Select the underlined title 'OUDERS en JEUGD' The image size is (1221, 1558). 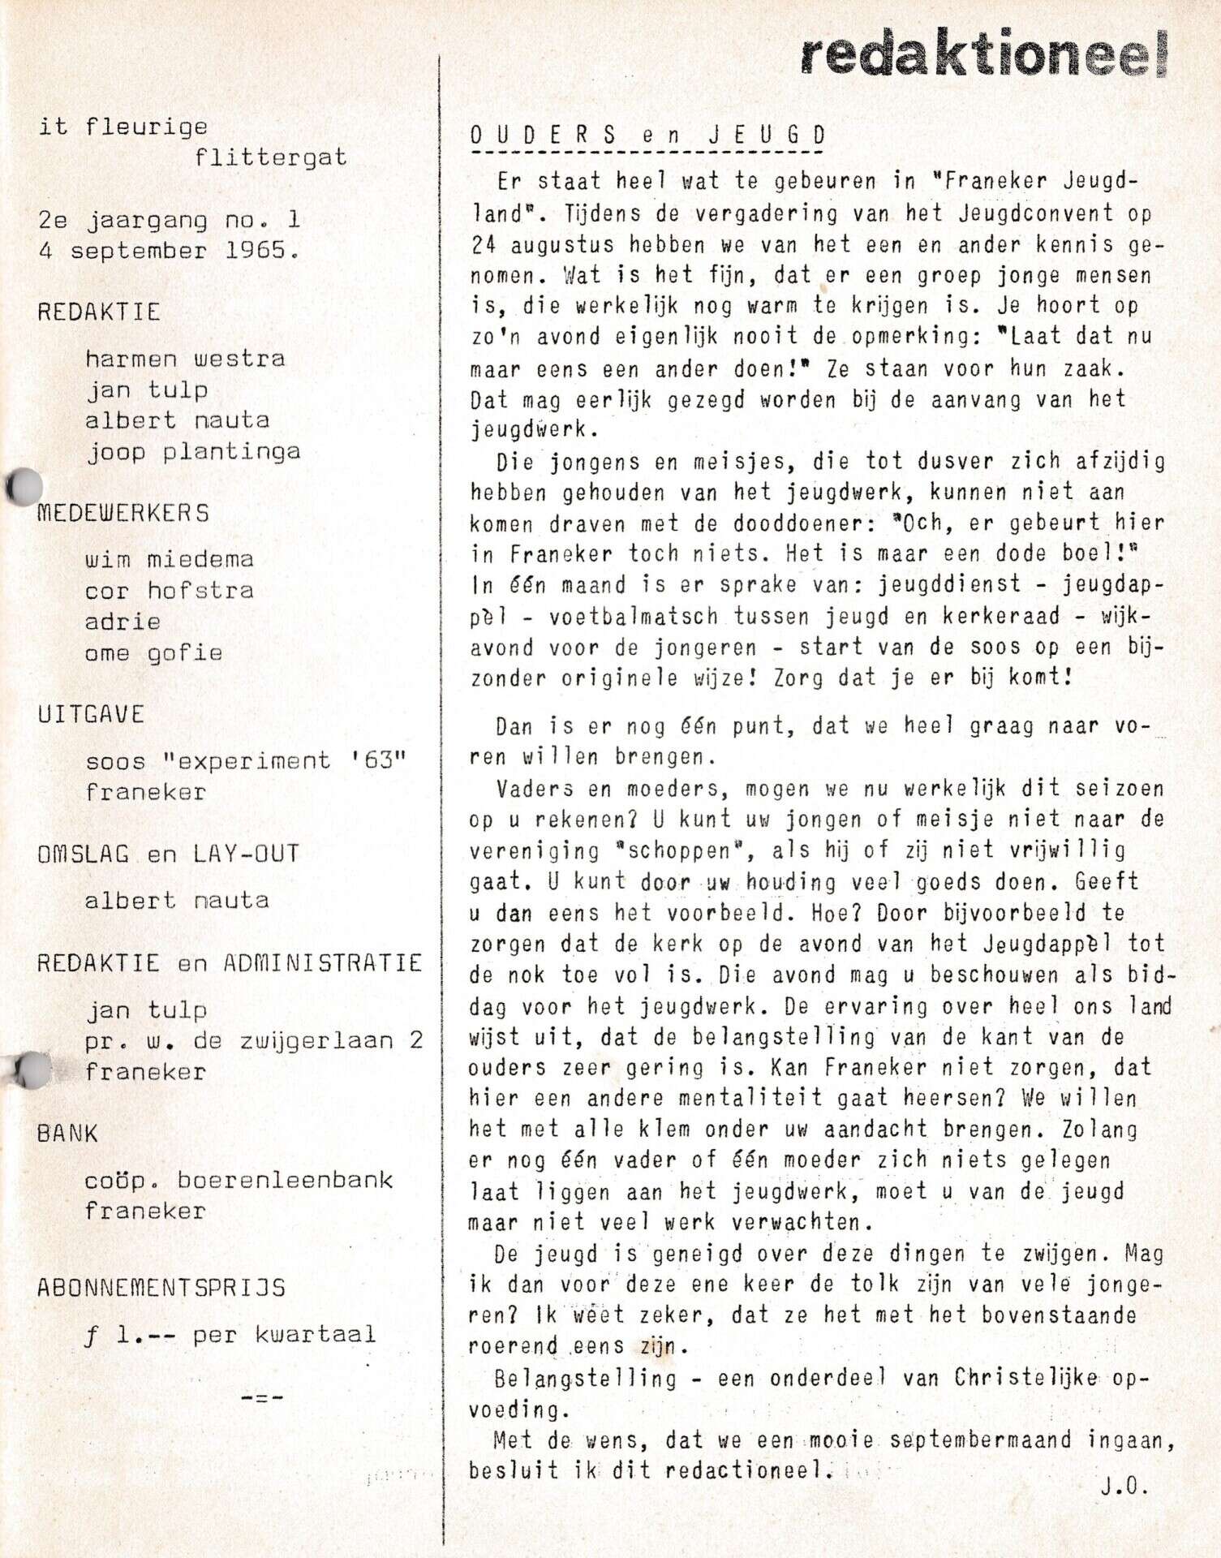point(647,136)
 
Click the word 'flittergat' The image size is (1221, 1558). point(270,157)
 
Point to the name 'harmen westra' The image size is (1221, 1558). point(185,359)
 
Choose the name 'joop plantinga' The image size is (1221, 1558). point(193,452)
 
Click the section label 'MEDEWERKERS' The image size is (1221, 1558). point(123,513)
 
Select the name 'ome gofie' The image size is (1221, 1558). point(153,653)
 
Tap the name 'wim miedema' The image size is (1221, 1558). point(169,559)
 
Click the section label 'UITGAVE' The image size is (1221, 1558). point(91,714)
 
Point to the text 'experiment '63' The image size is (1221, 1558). point(284,761)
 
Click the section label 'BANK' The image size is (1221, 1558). point(67,1133)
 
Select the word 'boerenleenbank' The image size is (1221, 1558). point(285,1180)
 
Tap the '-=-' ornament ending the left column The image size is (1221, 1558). point(261,1397)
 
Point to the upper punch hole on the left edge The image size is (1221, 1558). point(24,487)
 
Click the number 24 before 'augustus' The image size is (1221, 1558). point(483,244)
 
